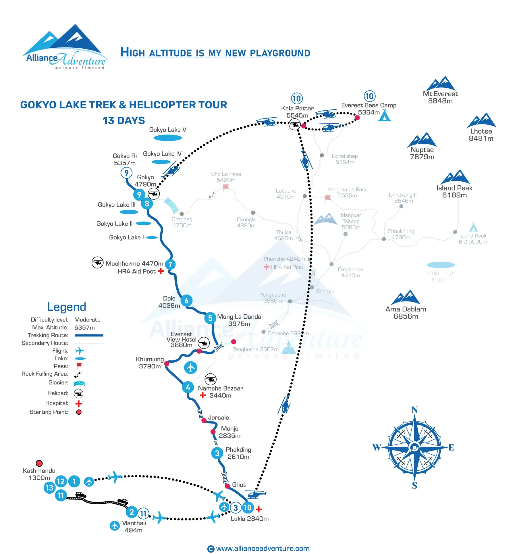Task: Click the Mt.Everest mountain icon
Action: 441,84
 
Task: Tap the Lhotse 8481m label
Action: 481,135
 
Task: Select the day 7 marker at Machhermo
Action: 170,264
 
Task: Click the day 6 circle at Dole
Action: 186,301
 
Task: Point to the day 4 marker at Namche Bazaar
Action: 188,387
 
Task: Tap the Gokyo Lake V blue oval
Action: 168,138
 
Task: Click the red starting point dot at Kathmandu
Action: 39,463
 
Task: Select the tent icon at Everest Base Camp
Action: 384,116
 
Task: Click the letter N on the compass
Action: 414,410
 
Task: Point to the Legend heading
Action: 67,307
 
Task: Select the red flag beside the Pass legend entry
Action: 79,366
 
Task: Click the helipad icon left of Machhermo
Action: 97,262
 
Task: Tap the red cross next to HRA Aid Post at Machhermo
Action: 161,271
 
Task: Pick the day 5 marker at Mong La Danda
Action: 210,318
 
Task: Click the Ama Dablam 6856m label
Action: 406,313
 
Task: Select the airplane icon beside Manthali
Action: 115,526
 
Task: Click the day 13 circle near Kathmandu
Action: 49,488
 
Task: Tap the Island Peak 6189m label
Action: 454,191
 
